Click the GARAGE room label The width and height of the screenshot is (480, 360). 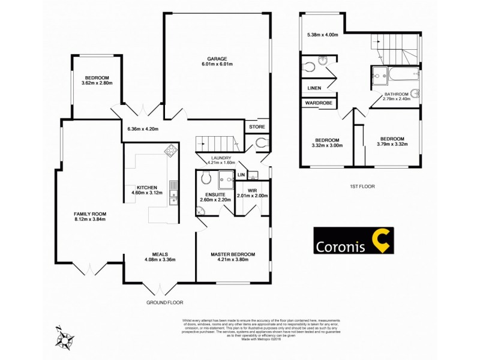coord(217,59)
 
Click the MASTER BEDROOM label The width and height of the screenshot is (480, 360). coord(233,254)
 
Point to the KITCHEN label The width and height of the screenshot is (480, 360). coord(146,187)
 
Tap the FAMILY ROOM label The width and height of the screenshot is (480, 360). coord(90,214)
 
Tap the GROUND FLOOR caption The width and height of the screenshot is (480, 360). coord(165,302)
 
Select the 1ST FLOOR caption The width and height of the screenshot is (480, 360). coord(362,187)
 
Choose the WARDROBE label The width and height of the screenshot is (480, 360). coord(319,103)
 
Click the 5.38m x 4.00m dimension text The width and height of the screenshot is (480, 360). coord(323,34)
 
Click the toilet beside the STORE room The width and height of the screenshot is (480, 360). coord(259,143)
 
